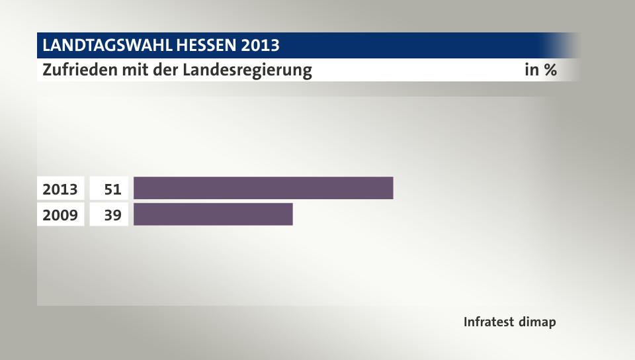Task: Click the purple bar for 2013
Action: [263, 189]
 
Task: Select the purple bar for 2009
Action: [213, 215]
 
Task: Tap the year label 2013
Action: [60, 189]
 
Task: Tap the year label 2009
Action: [60, 215]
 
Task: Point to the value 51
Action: [112, 189]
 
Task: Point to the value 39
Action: [112, 215]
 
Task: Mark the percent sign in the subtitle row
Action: [549, 69]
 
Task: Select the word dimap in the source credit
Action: [538, 322]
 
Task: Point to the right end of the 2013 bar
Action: [392, 189]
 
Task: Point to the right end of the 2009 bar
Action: [291, 215]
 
